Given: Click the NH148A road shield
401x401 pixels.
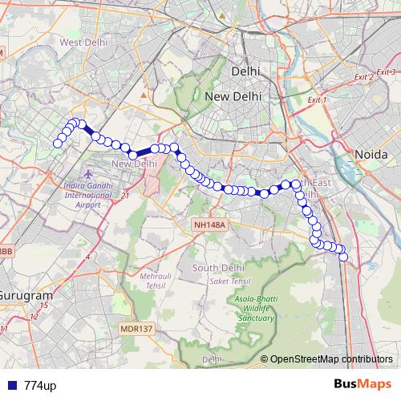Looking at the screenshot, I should click(x=210, y=225).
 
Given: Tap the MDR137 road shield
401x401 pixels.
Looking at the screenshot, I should click(x=136, y=328).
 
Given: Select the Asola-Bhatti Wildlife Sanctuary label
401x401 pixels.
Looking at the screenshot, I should click(x=256, y=310).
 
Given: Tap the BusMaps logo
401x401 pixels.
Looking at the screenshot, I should click(x=363, y=384).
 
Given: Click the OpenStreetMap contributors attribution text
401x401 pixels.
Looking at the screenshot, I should click(x=332, y=359).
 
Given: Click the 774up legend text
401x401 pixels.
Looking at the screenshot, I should click(x=40, y=385).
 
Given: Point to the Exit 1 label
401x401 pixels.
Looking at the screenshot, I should click(x=318, y=100).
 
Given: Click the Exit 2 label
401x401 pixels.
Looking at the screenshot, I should click(x=363, y=78).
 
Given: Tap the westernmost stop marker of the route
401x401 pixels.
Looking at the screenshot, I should click(x=57, y=144).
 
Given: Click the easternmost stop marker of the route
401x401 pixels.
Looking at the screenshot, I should click(x=344, y=257).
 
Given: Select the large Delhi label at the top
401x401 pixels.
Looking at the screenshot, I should click(x=245, y=71).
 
